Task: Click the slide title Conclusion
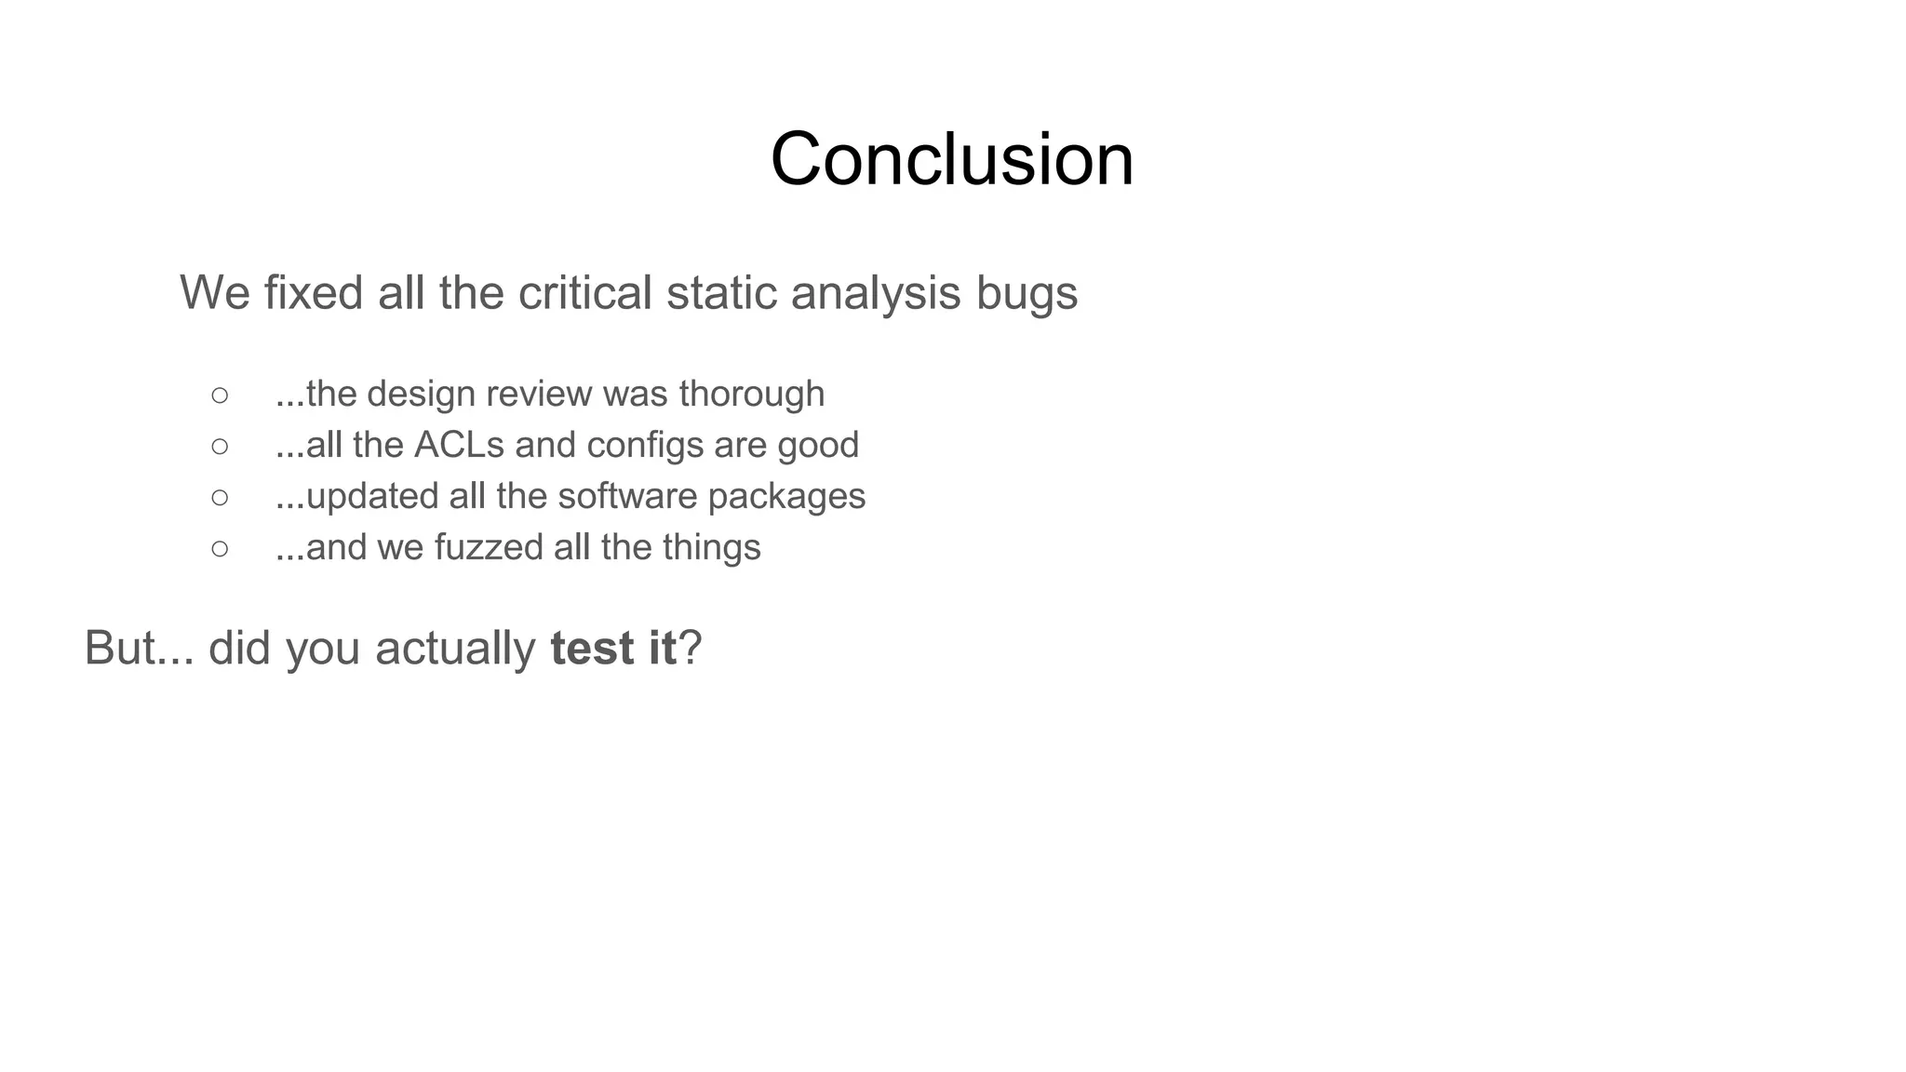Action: (x=952, y=159)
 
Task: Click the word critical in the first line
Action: (x=584, y=293)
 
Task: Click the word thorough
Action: (x=751, y=395)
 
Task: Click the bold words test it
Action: (x=613, y=648)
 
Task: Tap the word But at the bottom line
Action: (x=119, y=648)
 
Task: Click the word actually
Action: (x=455, y=650)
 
